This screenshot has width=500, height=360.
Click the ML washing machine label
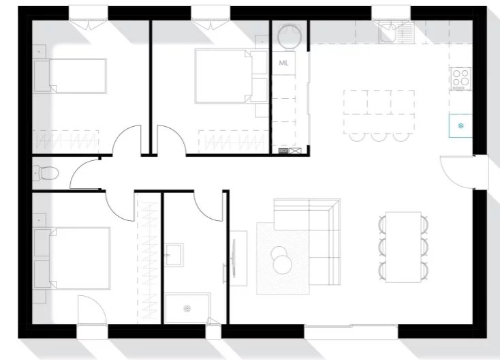(283, 63)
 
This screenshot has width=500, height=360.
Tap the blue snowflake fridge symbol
(460, 125)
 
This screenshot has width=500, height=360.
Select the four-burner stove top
(460, 78)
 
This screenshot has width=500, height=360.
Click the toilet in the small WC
(46, 173)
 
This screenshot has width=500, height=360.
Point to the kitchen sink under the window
(396, 32)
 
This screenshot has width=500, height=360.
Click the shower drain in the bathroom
(187, 308)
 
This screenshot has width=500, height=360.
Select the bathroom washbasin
(174, 255)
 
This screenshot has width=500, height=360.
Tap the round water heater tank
(290, 36)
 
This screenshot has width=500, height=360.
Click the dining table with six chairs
(403, 247)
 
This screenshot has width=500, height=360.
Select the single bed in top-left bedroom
(70, 76)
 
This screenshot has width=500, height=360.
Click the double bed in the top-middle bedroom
(231, 76)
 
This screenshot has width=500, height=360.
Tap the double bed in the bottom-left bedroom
(72, 258)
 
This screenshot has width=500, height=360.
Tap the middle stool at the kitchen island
(379, 136)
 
